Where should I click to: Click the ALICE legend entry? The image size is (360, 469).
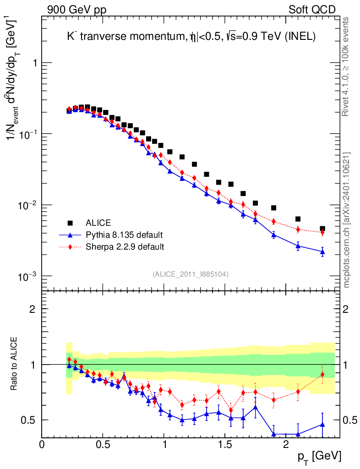click(98, 223)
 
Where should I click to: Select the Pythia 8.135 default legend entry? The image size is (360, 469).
click(124, 235)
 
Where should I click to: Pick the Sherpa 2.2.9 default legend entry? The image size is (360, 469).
click(125, 247)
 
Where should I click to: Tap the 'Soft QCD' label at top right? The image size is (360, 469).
click(312, 10)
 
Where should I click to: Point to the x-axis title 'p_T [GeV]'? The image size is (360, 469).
click(319, 456)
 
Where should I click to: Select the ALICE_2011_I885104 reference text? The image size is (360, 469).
click(191, 274)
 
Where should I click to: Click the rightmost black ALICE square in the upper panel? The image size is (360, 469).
click(322, 229)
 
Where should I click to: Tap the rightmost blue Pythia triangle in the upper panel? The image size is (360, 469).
click(322, 251)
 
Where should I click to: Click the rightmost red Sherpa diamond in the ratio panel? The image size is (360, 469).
click(322, 375)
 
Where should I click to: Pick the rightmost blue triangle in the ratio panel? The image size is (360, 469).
click(322, 425)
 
